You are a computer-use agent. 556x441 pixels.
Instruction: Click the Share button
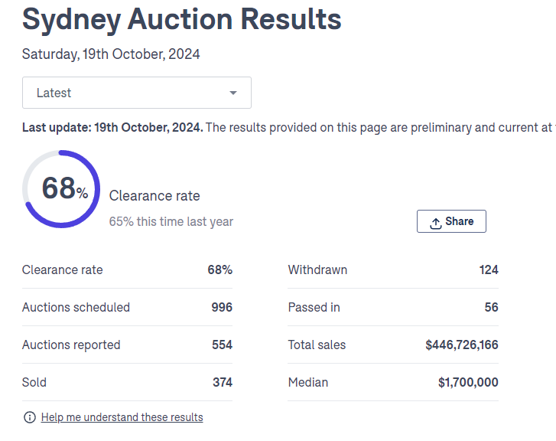tap(451, 221)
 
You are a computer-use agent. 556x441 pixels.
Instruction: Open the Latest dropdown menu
tap(136, 93)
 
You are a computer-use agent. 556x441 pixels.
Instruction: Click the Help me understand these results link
tap(122, 417)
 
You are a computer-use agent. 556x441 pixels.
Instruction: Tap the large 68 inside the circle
tap(58, 188)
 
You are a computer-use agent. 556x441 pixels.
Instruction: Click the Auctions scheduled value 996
tap(222, 307)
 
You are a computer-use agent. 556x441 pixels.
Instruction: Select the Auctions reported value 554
tap(222, 345)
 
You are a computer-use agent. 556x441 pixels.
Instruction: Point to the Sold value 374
tap(223, 382)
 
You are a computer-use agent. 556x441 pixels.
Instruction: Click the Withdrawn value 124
tap(489, 269)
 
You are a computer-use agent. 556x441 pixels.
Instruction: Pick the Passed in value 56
tap(491, 307)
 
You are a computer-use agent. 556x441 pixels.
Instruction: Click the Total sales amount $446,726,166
tap(462, 345)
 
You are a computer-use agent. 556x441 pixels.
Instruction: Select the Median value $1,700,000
tap(468, 382)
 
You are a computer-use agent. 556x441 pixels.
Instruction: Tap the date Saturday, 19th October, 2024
tap(111, 54)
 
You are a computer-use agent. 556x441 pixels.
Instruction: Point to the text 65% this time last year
tap(171, 221)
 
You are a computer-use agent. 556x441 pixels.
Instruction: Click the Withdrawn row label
tap(317, 269)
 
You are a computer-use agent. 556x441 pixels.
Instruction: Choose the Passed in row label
tap(314, 307)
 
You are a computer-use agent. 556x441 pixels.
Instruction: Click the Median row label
tap(307, 382)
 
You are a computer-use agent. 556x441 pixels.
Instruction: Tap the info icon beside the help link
tap(30, 417)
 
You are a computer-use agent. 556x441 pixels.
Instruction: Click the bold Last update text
tap(112, 127)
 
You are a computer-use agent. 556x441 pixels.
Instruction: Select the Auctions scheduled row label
tap(76, 307)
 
